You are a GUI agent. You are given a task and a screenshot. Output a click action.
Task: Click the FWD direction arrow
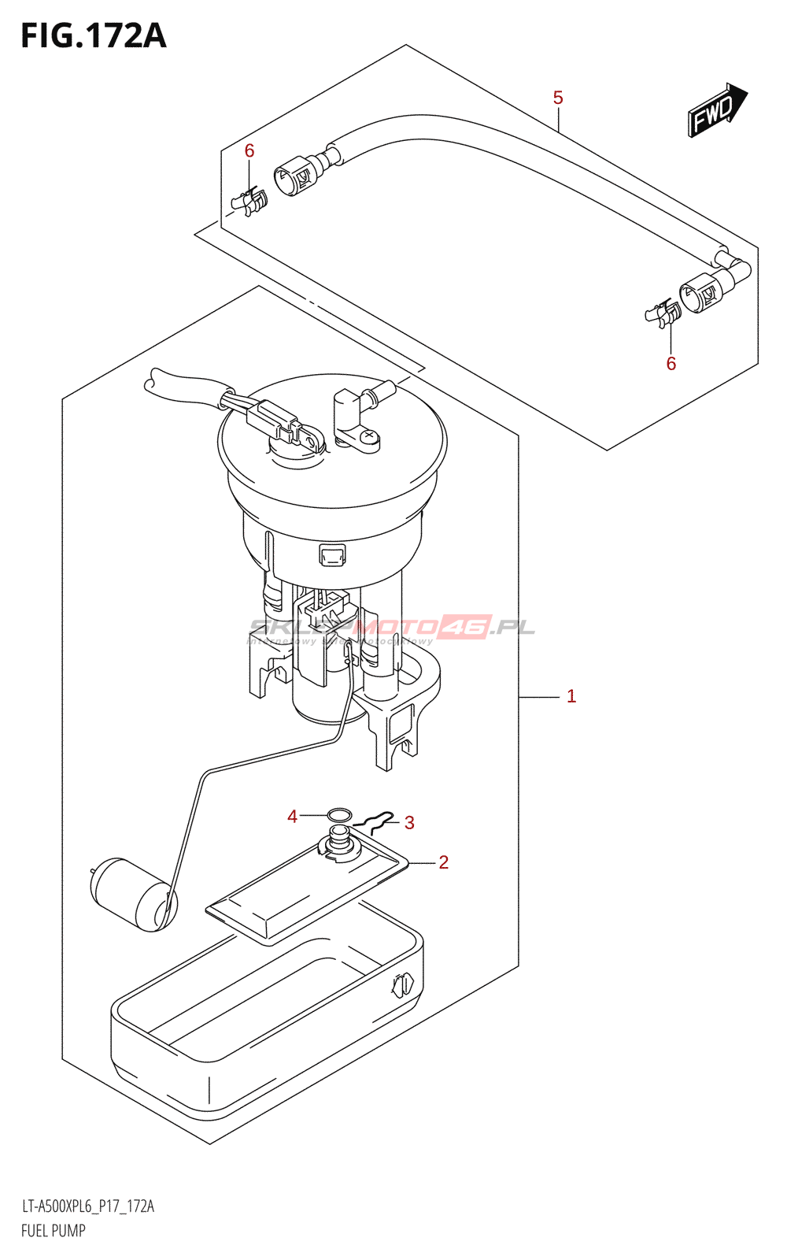[x=717, y=111]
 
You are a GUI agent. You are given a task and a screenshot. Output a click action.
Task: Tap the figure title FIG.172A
[x=93, y=36]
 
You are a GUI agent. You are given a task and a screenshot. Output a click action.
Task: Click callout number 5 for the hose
[x=558, y=98]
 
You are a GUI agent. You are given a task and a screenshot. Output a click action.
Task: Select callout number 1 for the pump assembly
[x=571, y=696]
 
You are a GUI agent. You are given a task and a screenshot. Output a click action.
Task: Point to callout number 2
[x=444, y=862]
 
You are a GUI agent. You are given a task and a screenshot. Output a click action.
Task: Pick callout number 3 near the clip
[x=409, y=823]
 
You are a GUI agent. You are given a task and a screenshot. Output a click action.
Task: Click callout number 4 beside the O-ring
[x=293, y=817]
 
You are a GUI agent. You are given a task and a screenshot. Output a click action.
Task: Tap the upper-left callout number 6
[x=249, y=150]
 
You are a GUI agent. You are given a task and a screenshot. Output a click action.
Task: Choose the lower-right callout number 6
[x=671, y=363]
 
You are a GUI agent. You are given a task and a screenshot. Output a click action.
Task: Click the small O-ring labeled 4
[x=339, y=813]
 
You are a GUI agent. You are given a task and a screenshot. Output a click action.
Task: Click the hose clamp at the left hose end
[x=251, y=202]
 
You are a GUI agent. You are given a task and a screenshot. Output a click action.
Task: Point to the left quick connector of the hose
[x=295, y=175]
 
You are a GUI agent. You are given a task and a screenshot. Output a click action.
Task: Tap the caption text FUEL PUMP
[x=53, y=1230]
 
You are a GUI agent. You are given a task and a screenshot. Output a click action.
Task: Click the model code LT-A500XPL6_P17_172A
[x=87, y=1206]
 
